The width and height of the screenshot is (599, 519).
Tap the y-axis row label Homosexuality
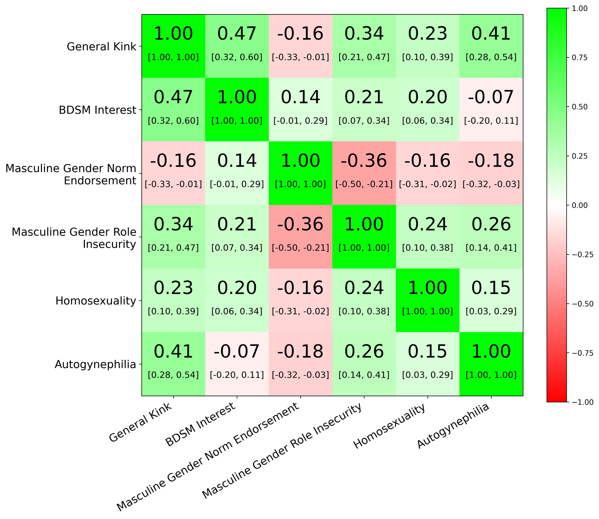point(96,301)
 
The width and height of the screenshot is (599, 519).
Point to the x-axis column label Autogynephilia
point(453,426)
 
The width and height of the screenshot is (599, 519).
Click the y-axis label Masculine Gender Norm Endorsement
point(71,174)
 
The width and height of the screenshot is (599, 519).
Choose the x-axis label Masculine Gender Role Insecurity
point(282,450)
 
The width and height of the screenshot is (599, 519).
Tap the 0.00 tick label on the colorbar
point(580,205)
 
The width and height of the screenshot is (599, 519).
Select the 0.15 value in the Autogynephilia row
point(427,352)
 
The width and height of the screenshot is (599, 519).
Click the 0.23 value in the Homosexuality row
point(173,288)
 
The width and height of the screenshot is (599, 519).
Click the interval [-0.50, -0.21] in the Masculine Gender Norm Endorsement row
point(364,184)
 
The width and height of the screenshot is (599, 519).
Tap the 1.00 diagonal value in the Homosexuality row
point(427,288)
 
